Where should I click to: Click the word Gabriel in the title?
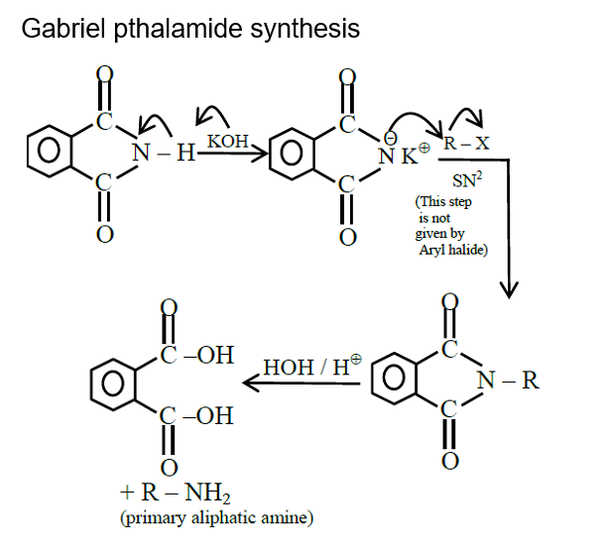[x=58, y=29]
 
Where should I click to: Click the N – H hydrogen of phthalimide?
[x=186, y=154]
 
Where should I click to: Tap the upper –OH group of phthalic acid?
[x=208, y=354]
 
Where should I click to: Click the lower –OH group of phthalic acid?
[x=208, y=415]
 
